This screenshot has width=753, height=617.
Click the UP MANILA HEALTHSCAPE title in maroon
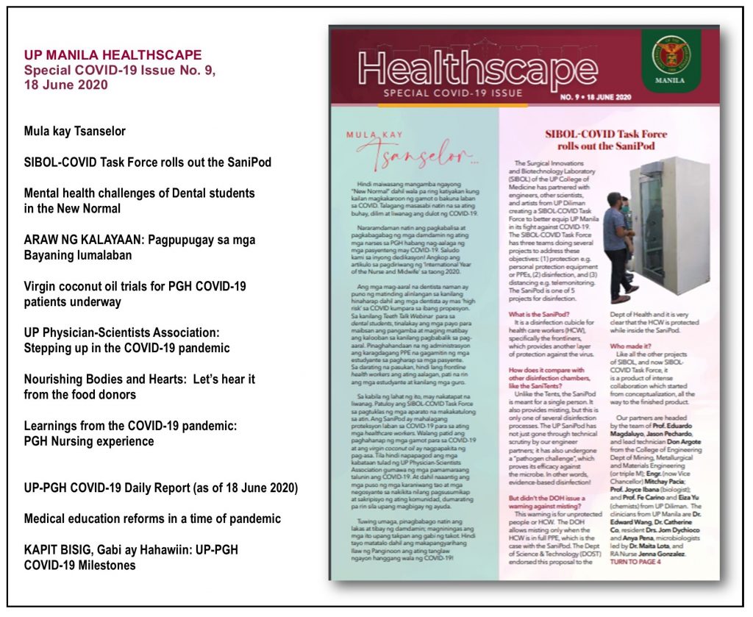coord(113,55)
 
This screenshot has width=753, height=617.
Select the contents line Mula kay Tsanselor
coord(75,132)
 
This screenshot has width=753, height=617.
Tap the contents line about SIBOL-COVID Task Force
coord(147,162)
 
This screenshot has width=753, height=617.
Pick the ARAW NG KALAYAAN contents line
coord(129,248)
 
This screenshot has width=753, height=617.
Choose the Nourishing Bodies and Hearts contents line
coord(140,387)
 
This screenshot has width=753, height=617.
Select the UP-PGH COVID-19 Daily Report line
coord(160,488)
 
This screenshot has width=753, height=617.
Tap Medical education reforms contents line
coord(152,519)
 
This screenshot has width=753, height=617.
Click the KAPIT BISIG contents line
coord(131,557)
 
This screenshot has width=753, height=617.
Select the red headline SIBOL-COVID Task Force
coord(606,140)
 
